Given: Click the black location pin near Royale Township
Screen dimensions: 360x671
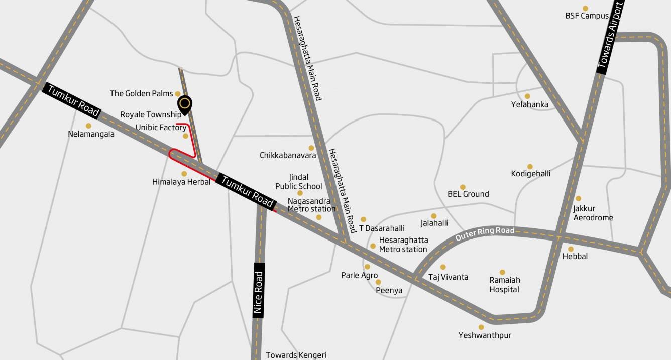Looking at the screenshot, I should (x=185, y=104).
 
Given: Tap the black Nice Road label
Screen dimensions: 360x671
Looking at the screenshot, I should (x=259, y=290).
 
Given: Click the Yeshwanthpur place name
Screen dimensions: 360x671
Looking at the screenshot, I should (x=485, y=335).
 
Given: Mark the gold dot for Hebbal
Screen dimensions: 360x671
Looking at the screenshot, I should (x=571, y=249).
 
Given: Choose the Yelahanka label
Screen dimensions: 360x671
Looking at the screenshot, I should (x=530, y=105).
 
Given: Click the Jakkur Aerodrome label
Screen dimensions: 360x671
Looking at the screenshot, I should (x=593, y=213).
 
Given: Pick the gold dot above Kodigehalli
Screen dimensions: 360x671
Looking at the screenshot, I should (x=530, y=166).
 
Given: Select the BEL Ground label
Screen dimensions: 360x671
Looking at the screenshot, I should (x=468, y=194).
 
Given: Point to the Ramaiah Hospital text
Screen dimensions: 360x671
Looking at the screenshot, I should (x=505, y=285).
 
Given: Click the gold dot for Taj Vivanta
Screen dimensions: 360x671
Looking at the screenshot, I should (x=443, y=267).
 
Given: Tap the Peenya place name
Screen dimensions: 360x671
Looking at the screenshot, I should (x=389, y=290).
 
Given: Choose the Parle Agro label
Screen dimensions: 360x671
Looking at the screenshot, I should (x=359, y=275).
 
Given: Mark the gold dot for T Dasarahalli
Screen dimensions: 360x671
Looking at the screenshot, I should (x=364, y=219).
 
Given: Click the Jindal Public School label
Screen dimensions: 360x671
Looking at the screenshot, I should (x=299, y=182).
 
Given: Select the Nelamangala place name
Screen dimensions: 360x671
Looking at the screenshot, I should (x=91, y=134).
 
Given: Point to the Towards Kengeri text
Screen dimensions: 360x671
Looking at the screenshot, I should (x=296, y=355).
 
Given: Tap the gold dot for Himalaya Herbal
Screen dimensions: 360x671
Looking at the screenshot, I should (x=184, y=174).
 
